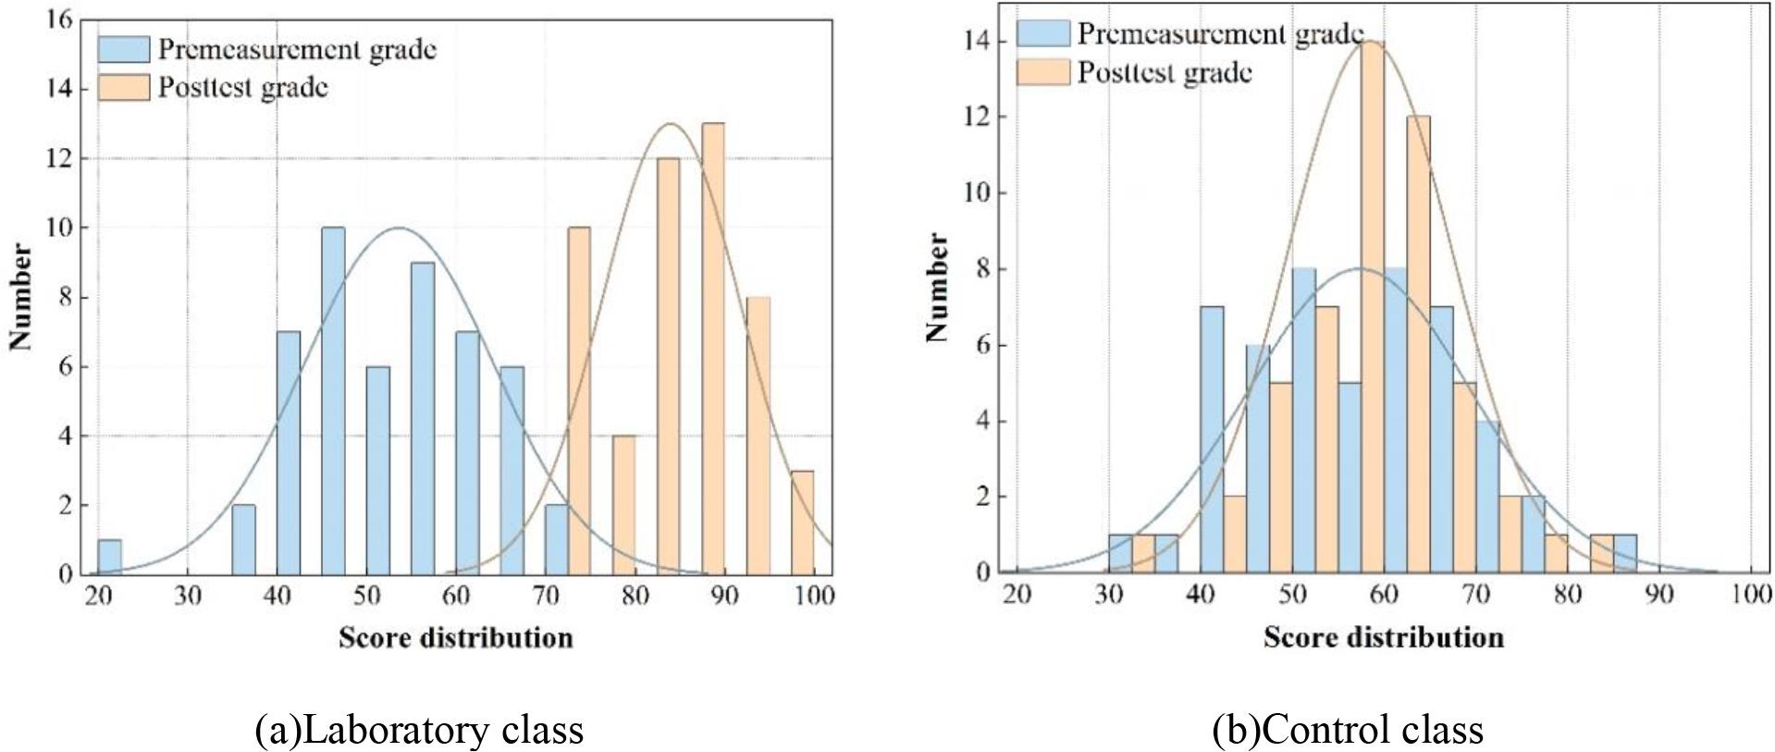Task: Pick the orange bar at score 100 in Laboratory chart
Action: click(803, 522)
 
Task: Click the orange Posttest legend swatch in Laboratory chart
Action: click(123, 88)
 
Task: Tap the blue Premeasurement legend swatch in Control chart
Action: click(1042, 33)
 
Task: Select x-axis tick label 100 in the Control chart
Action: click(1750, 594)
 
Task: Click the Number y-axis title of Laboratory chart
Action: click(20, 297)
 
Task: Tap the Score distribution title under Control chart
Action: click(1383, 637)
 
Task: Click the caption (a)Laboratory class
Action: click(419, 730)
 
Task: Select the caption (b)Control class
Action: click(1347, 730)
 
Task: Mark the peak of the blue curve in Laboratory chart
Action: click(398, 228)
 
